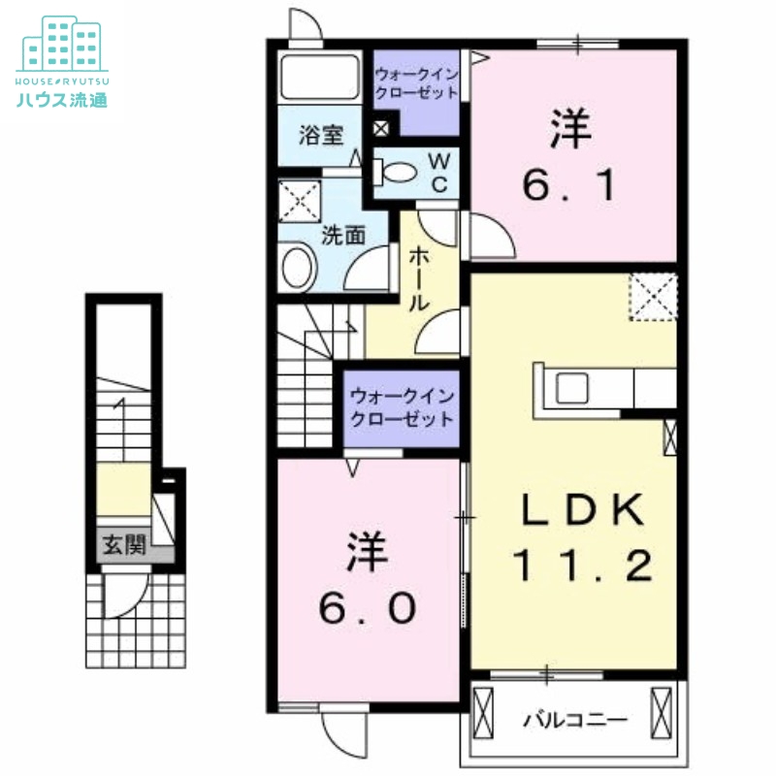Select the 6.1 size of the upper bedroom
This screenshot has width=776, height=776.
click(x=571, y=183)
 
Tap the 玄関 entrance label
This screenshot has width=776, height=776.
click(x=124, y=545)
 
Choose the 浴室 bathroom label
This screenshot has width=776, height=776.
click(x=320, y=135)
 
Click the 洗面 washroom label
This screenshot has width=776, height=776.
click(x=342, y=234)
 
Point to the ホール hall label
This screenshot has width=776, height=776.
click(x=420, y=277)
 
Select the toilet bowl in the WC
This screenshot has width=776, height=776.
click(x=398, y=173)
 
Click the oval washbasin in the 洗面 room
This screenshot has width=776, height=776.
click(x=298, y=267)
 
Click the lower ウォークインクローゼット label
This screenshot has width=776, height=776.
click(x=402, y=408)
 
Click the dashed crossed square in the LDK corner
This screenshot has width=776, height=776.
click(x=652, y=296)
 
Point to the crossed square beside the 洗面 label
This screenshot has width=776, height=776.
click(x=297, y=201)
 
